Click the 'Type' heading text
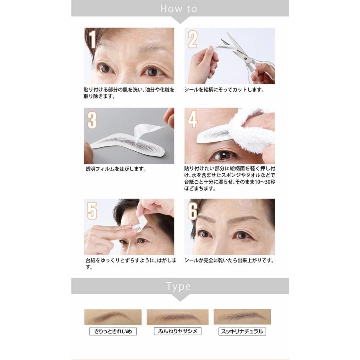179,286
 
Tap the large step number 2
193,40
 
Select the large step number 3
92,120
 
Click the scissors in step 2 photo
244,54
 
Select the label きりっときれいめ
112,331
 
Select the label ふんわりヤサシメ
178,331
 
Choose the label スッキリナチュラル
243,331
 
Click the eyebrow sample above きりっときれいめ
113,317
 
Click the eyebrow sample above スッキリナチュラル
242,317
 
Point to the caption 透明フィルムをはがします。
116,169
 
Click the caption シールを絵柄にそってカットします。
224,90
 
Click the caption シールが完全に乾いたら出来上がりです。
229,260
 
